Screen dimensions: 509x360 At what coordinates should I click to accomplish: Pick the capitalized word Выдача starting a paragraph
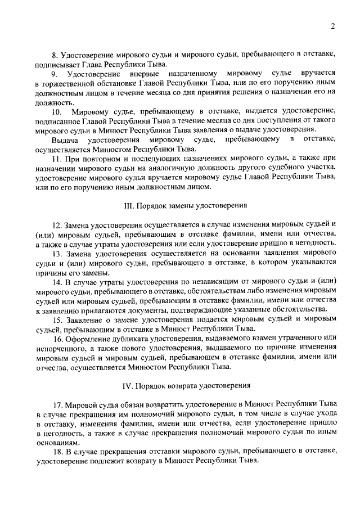(x=65, y=138)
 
